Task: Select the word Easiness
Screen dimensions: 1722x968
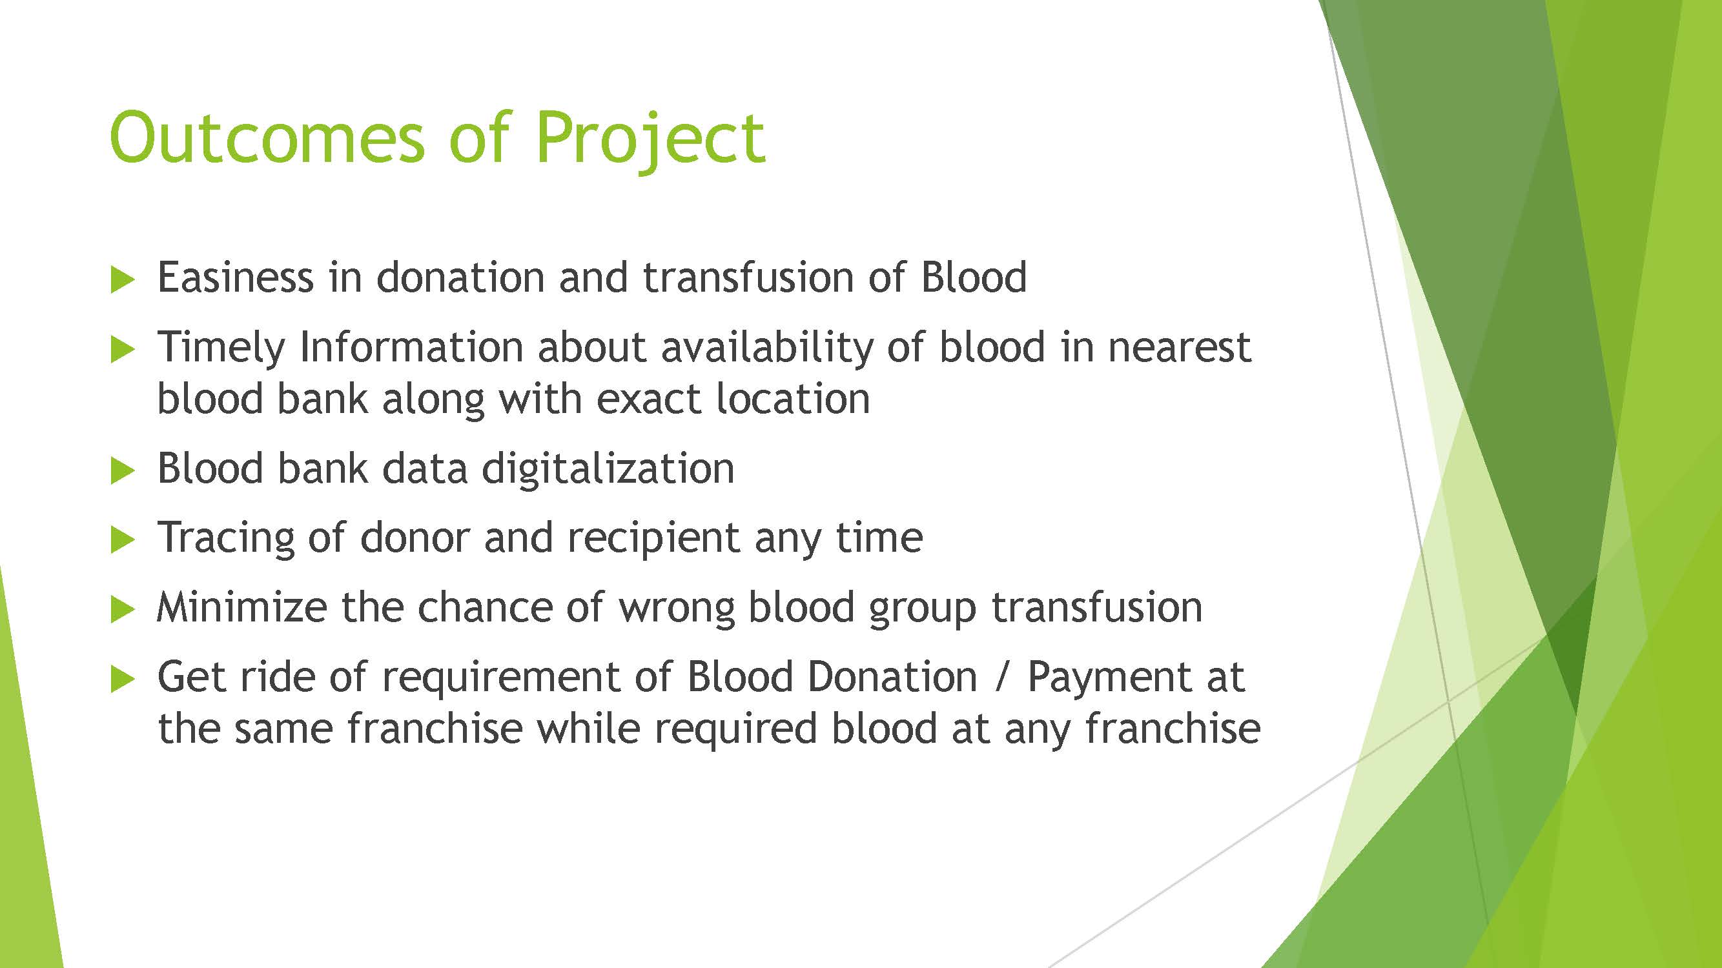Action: pyautogui.click(x=235, y=277)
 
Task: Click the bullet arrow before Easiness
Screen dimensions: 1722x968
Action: pyautogui.click(x=122, y=279)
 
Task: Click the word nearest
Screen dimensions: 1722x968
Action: pyautogui.click(x=1179, y=348)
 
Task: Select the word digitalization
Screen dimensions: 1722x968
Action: pyautogui.click(x=608, y=470)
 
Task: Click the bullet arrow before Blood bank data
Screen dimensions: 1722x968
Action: pyautogui.click(x=122, y=471)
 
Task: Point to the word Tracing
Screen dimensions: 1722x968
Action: pyautogui.click(x=226, y=538)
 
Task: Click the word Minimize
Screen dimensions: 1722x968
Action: pyautogui.click(x=242, y=607)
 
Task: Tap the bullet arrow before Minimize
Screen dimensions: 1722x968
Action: pyautogui.click(x=122, y=609)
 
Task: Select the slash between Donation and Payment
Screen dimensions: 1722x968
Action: pyautogui.click(x=1001, y=678)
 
